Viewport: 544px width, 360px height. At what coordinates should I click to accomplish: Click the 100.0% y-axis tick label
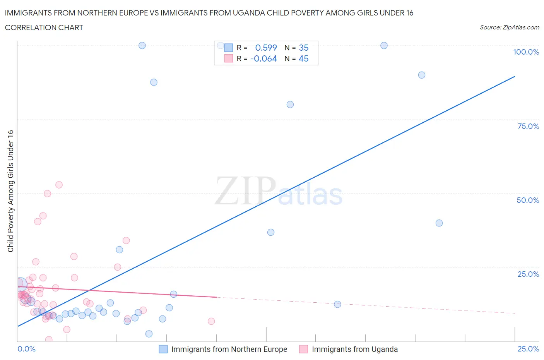[526, 52]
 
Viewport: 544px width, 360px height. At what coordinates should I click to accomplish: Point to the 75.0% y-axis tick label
[528, 126]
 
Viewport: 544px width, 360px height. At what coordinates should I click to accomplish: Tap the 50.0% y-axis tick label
[528, 200]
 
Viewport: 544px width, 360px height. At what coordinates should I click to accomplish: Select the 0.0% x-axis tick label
[26, 349]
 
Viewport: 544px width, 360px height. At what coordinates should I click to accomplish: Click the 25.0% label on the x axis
[528, 349]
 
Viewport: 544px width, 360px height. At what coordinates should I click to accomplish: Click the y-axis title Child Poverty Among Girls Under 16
[10, 191]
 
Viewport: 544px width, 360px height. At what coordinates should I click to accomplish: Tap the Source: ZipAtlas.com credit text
[509, 27]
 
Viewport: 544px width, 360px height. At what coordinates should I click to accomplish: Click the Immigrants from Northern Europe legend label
[229, 349]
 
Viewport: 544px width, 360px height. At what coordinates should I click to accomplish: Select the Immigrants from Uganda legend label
[354, 349]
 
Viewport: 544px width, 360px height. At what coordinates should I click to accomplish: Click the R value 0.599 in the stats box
[266, 48]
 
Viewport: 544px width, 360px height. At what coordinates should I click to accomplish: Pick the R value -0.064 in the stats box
[263, 59]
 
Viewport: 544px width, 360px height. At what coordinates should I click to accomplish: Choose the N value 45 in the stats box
[303, 59]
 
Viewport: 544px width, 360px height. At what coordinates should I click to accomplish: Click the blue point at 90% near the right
[422, 75]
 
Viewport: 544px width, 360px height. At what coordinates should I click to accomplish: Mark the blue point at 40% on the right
[439, 223]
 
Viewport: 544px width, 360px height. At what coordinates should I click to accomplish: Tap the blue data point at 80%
[290, 105]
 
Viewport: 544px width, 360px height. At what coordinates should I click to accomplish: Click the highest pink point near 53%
[59, 185]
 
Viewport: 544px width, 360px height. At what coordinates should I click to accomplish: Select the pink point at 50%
[47, 194]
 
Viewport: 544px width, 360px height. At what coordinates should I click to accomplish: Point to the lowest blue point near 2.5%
[149, 334]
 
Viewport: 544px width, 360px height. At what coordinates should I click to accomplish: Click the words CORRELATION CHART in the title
[44, 27]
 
